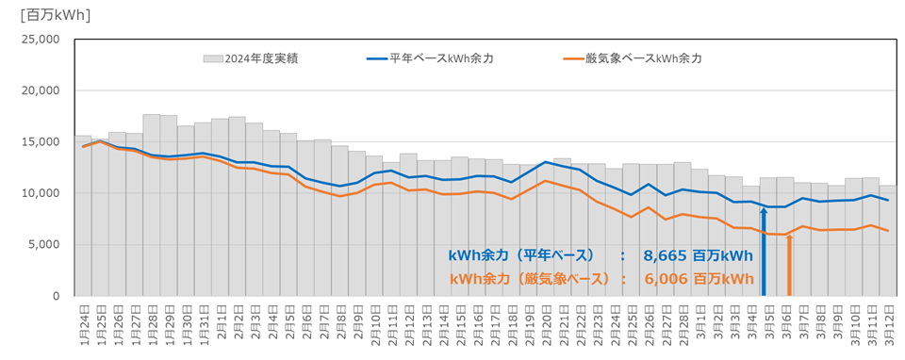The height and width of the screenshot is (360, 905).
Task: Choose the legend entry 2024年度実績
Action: click(250, 58)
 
